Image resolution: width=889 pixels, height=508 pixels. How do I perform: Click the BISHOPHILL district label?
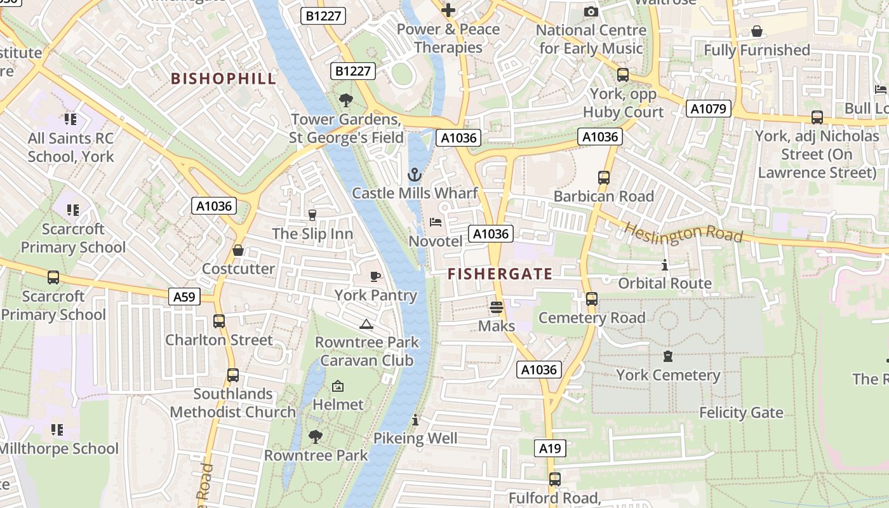(x=224, y=79)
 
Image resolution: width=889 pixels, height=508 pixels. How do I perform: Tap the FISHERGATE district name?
(x=500, y=274)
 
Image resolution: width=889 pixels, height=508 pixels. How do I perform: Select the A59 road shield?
(x=185, y=297)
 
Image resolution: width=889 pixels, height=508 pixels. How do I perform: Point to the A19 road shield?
(x=550, y=449)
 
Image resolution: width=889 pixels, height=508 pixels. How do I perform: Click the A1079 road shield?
(x=708, y=109)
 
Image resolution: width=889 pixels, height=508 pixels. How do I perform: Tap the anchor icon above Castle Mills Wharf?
(x=415, y=174)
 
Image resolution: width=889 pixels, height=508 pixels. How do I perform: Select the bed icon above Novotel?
(x=436, y=222)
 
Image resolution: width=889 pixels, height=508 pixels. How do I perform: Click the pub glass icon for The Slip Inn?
(x=312, y=215)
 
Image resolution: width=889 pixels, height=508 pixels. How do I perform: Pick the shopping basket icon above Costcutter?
(x=238, y=250)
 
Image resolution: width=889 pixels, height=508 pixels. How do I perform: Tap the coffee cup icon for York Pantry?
(x=375, y=276)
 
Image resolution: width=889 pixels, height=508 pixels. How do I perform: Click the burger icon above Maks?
(x=497, y=307)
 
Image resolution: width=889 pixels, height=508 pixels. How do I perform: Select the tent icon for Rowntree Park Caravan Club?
(x=366, y=324)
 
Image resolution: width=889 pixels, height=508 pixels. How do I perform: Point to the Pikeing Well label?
(x=415, y=438)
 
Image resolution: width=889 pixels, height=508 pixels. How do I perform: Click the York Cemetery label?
(x=668, y=375)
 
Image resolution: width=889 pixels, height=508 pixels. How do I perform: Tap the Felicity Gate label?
(x=741, y=413)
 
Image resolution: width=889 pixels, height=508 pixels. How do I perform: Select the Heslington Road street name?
(x=683, y=232)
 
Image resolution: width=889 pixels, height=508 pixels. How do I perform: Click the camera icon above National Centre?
(x=591, y=11)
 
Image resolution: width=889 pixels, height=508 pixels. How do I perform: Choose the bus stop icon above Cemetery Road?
(x=592, y=298)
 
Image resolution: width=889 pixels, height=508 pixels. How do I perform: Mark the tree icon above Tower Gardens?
(x=346, y=100)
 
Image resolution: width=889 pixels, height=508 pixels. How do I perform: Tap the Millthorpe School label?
(x=58, y=448)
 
